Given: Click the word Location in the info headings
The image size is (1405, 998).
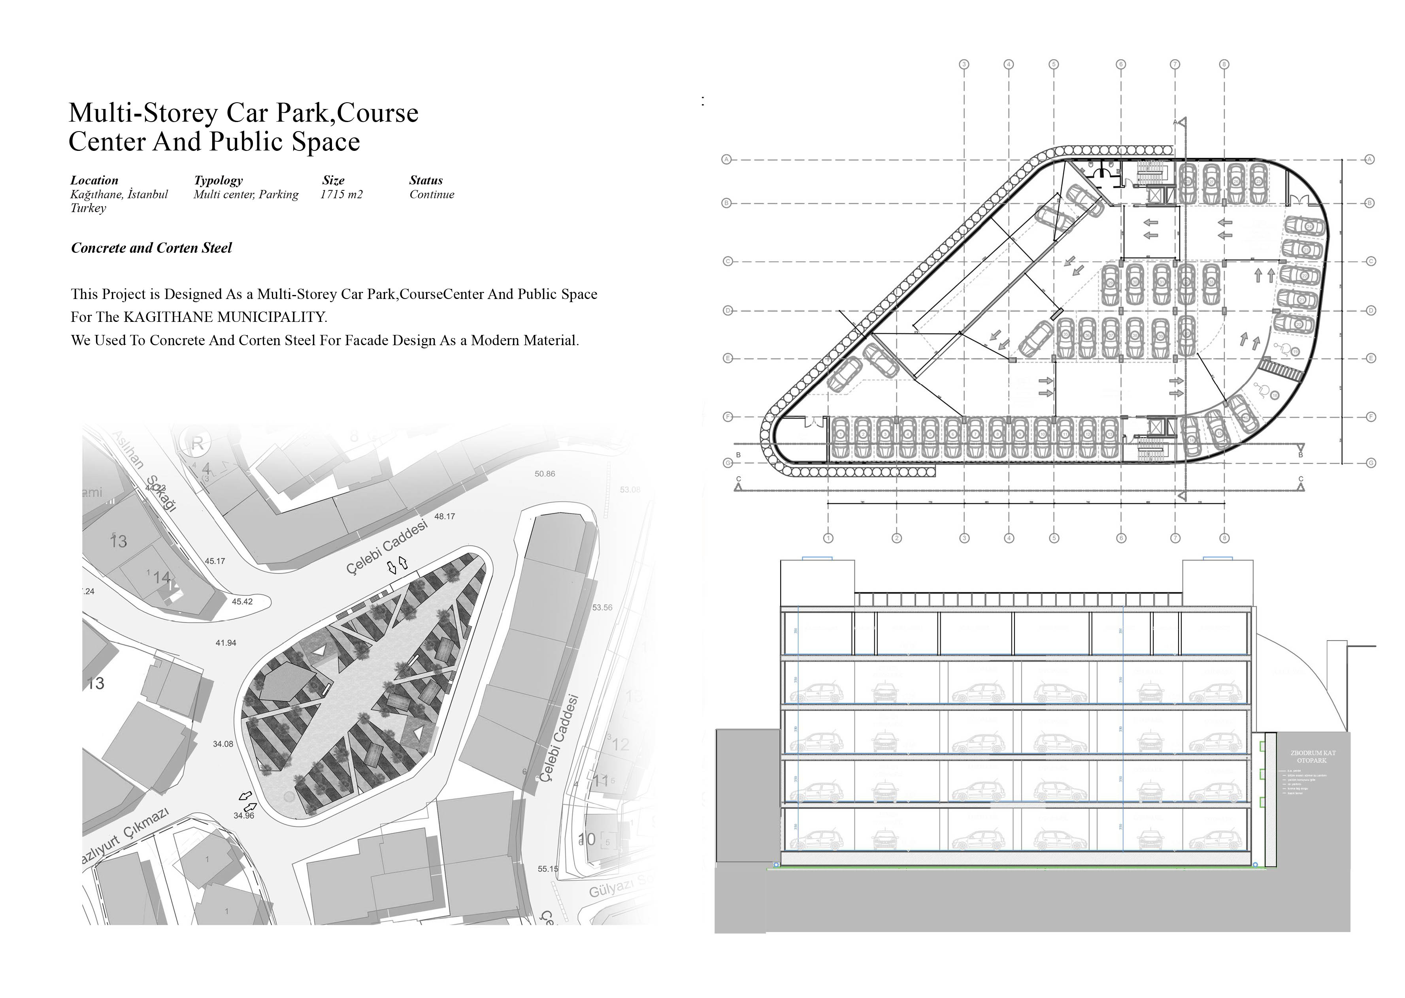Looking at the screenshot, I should pyautogui.click(x=94, y=180).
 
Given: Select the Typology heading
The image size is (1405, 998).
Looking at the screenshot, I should pyautogui.click(x=218, y=180).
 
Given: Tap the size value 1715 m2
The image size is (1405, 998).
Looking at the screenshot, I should pyautogui.click(x=341, y=194).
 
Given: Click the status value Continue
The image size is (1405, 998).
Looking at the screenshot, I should pyautogui.click(x=432, y=194).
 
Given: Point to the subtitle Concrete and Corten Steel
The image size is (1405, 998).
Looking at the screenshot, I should pyautogui.click(x=151, y=248).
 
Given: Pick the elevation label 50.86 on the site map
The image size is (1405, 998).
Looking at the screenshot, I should pyautogui.click(x=545, y=474).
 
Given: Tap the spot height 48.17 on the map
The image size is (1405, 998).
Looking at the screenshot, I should pyautogui.click(x=445, y=516).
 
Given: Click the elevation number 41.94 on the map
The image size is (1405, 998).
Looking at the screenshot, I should pyautogui.click(x=226, y=643).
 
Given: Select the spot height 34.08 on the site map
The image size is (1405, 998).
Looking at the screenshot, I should pyautogui.click(x=223, y=744).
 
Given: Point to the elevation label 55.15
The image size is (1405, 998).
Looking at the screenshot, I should pyautogui.click(x=548, y=868).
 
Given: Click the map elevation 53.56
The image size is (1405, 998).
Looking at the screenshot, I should pyautogui.click(x=602, y=607).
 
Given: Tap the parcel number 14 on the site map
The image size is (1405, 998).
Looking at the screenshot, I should pyautogui.click(x=161, y=578).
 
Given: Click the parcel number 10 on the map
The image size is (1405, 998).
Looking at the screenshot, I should pyautogui.click(x=587, y=838).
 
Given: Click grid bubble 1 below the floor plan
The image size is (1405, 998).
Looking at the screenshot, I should pyautogui.click(x=828, y=538).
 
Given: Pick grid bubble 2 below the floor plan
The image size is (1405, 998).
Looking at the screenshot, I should pyautogui.click(x=896, y=538).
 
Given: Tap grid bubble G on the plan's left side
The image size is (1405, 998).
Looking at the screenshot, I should pyautogui.click(x=728, y=463).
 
